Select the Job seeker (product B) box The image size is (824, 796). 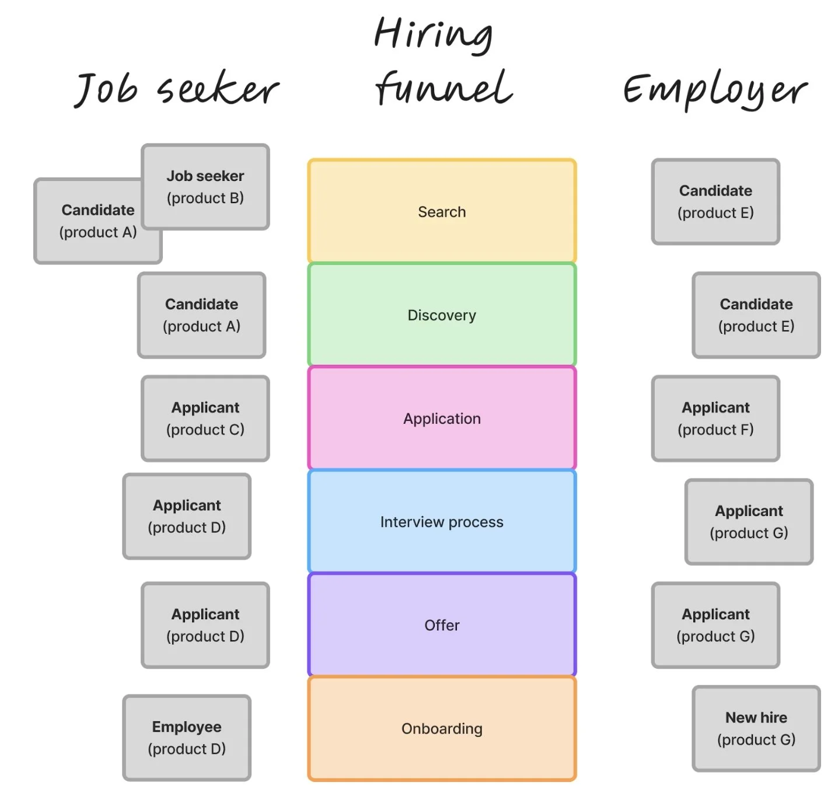[x=205, y=187]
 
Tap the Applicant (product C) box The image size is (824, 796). [x=205, y=418]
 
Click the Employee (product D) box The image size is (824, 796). [x=187, y=738]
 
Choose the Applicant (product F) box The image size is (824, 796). [x=715, y=418]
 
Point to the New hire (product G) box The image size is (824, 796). [x=756, y=728]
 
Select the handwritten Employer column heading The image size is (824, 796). [x=715, y=90]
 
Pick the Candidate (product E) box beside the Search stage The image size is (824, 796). [x=715, y=201]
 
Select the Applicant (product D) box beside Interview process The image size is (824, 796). [x=187, y=516]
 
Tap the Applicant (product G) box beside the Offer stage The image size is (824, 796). [x=715, y=625]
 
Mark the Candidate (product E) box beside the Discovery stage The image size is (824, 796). [x=756, y=315]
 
